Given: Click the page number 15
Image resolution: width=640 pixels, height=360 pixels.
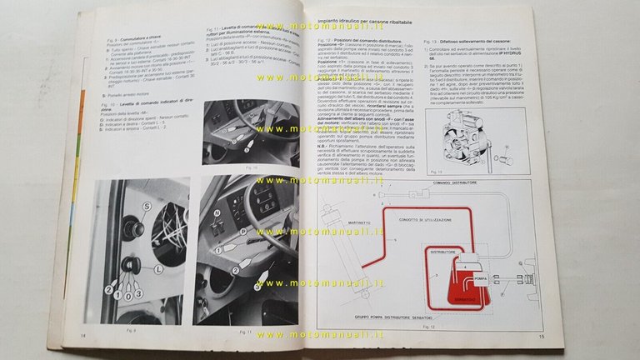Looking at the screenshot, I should tap(541, 337).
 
